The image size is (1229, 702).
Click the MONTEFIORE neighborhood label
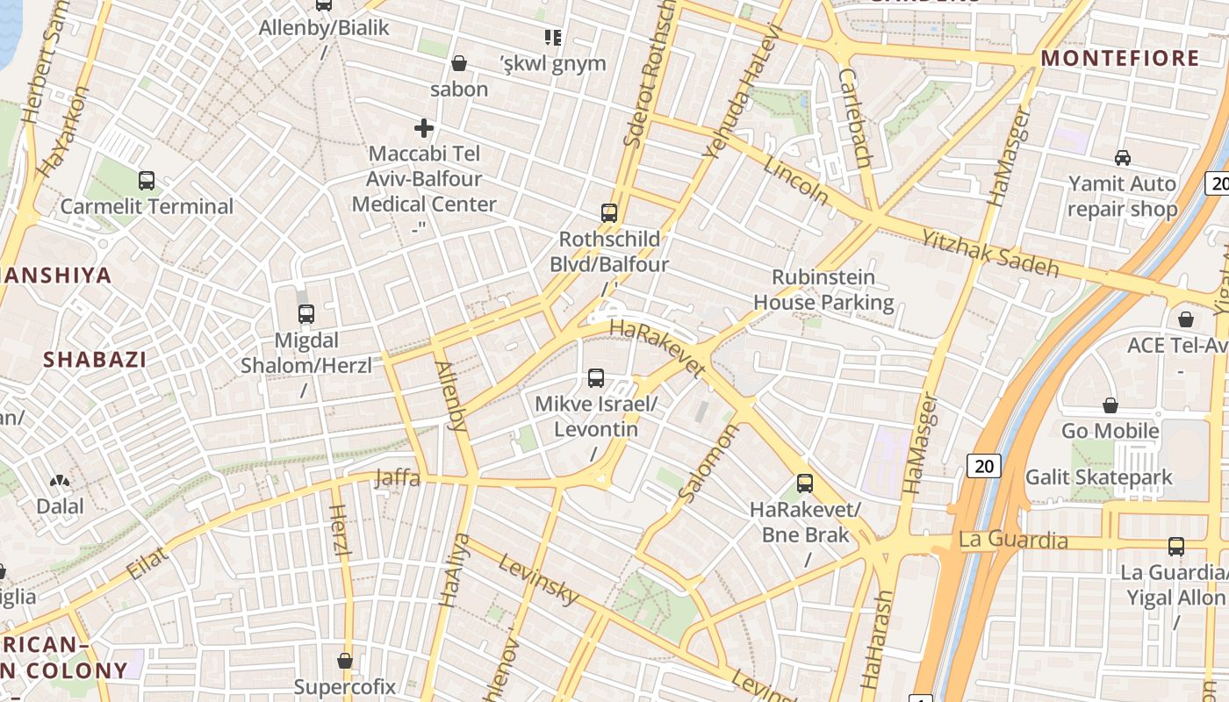(1119, 59)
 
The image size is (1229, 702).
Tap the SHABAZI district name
(95, 359)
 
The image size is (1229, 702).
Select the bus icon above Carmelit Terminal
(147, 181)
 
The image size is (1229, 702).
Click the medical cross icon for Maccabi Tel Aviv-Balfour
(424, 128)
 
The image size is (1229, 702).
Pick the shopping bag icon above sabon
(458, 63)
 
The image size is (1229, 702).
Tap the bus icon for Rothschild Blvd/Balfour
(609, 212)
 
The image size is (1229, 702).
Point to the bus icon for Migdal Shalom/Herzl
(306, 314)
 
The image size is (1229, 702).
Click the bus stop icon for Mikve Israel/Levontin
(596, 378)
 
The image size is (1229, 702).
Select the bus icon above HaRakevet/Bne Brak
(805, 483)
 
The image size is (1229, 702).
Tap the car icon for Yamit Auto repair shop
(1122, 158)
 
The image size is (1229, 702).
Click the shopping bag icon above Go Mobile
(1110, 405)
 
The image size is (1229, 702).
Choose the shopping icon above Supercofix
(345, 661)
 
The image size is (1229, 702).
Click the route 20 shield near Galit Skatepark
(984, 465)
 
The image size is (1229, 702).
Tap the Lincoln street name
(795, 181)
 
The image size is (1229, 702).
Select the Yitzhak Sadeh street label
(989, 253)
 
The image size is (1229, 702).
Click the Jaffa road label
(398, 478)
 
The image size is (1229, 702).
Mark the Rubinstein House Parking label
(823, 290)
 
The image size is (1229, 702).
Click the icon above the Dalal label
(60, 481)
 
